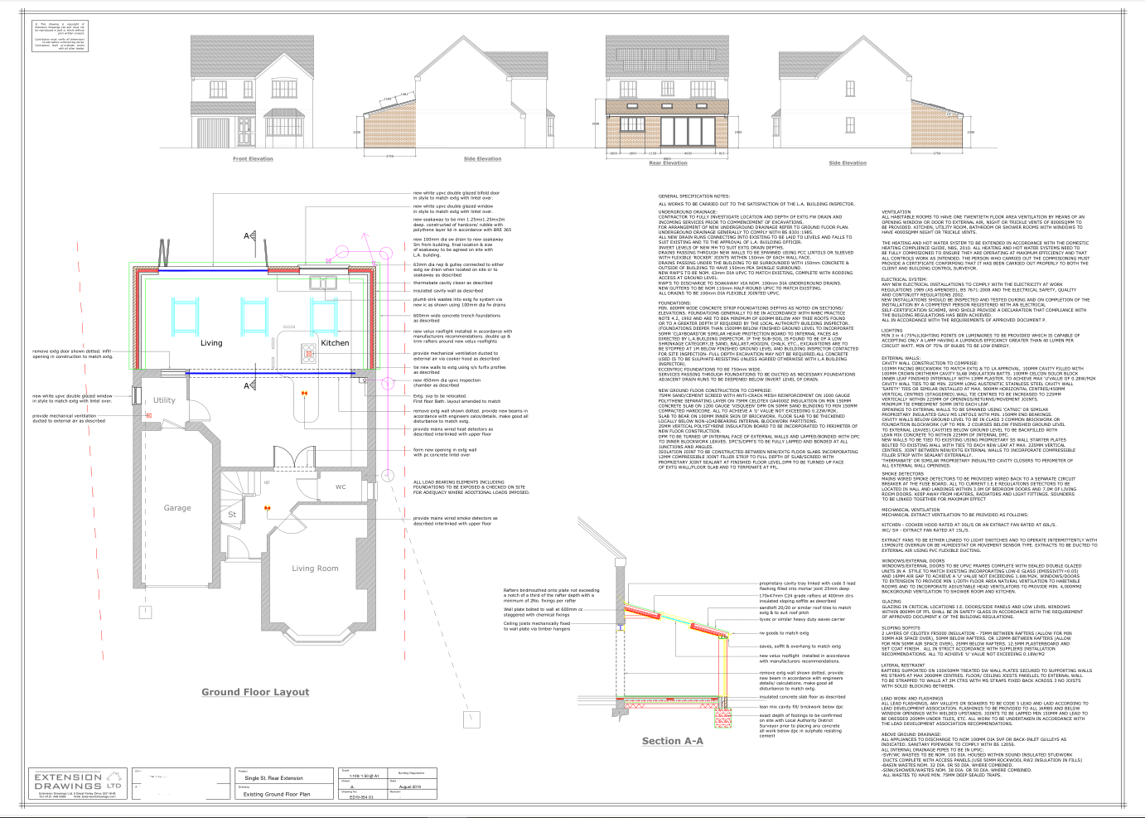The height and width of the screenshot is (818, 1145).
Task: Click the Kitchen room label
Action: coord(335,342)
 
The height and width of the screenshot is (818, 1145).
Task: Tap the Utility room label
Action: coord(164,400)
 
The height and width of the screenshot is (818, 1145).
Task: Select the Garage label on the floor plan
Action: coord(176,508)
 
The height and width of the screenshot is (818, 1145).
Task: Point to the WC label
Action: coord(341,486)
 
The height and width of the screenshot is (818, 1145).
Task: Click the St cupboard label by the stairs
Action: coord(232,515)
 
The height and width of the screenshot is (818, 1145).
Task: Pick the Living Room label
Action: coord(315,569)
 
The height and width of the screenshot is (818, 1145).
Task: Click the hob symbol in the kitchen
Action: coord(309,354)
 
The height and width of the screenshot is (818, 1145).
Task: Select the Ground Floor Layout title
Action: coord(255,692)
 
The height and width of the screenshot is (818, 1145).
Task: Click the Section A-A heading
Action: coord(672,741)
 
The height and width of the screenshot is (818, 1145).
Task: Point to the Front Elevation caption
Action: coord(253,158)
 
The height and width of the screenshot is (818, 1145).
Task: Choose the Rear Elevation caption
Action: coord(668,163)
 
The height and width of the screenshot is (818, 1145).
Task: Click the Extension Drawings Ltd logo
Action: coord(77,782)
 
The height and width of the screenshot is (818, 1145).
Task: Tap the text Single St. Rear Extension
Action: coord(273,778)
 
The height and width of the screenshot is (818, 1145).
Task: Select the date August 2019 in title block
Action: coord(410,787)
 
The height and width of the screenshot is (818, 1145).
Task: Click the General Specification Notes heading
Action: coord(693,196)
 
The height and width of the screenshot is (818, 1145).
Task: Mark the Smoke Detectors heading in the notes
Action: coord(902,474)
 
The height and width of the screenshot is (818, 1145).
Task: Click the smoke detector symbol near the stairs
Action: coord(267,508)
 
